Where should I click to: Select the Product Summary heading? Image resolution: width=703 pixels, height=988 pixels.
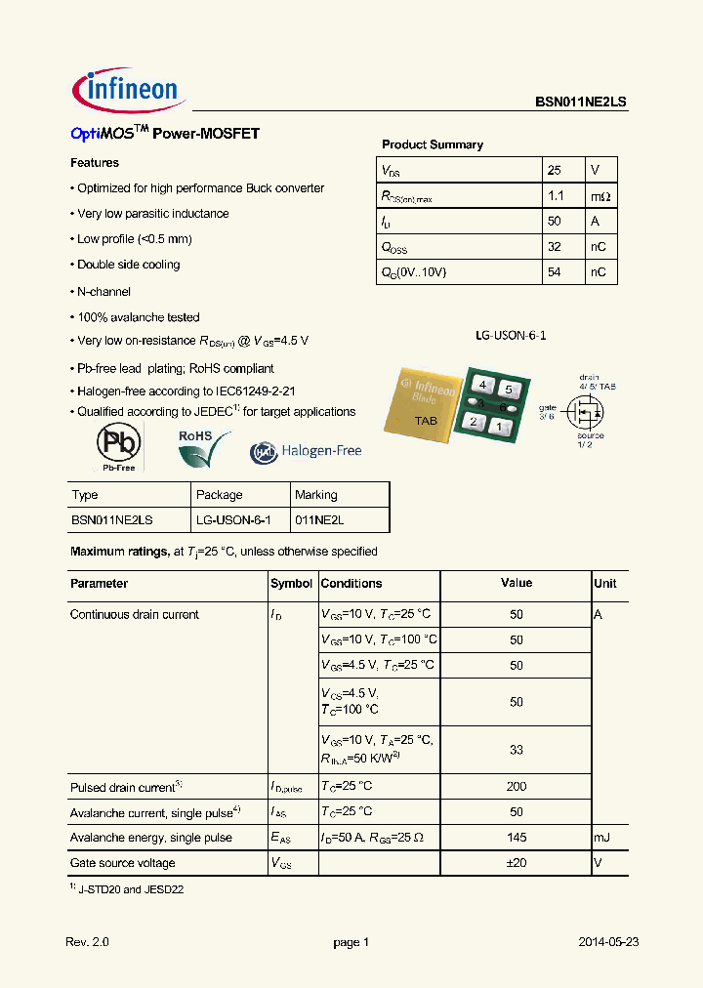click(x=432, y=144)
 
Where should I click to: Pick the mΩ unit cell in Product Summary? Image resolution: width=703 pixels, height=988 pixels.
click(x=600, y=195)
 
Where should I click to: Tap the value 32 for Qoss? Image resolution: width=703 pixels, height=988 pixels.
click(x=554, y=246)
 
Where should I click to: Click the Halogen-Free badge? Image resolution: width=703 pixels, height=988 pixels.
click(x=306, y=451)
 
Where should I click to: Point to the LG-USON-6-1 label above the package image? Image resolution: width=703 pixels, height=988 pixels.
click(x=511, y=335)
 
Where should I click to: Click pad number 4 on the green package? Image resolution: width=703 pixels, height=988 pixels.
click(x=482, y=387)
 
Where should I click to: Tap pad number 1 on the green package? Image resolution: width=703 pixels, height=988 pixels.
click(x=499, y=427)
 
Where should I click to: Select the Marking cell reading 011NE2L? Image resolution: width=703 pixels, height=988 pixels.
click(x=320, y=520)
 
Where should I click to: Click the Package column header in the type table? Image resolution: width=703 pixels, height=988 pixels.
click(x=219, y=495)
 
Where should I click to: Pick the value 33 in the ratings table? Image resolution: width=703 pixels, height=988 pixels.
click(x=517, y=750)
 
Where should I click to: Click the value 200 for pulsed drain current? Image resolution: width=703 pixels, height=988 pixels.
click(x=517, y=787)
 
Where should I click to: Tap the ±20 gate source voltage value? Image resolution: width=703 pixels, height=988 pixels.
click(x=517, y=863)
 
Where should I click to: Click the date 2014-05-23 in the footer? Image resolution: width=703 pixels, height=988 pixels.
click(x=607, y=942)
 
